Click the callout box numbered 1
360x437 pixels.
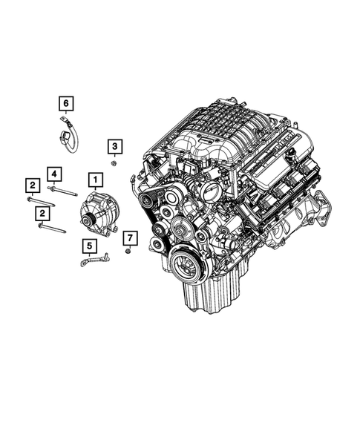(x=95, y=179)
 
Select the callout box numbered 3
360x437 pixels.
(x=117, y=146)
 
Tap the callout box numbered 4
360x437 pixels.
(x=53, y=174)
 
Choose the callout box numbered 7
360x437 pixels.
(x=128, y=237)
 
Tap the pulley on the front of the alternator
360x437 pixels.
(x=89, y=219)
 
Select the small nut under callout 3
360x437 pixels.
(x=114, y=162)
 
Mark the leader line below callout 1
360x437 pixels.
(x=95, y=188)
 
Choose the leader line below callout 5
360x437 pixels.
(x=89, y=254)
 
